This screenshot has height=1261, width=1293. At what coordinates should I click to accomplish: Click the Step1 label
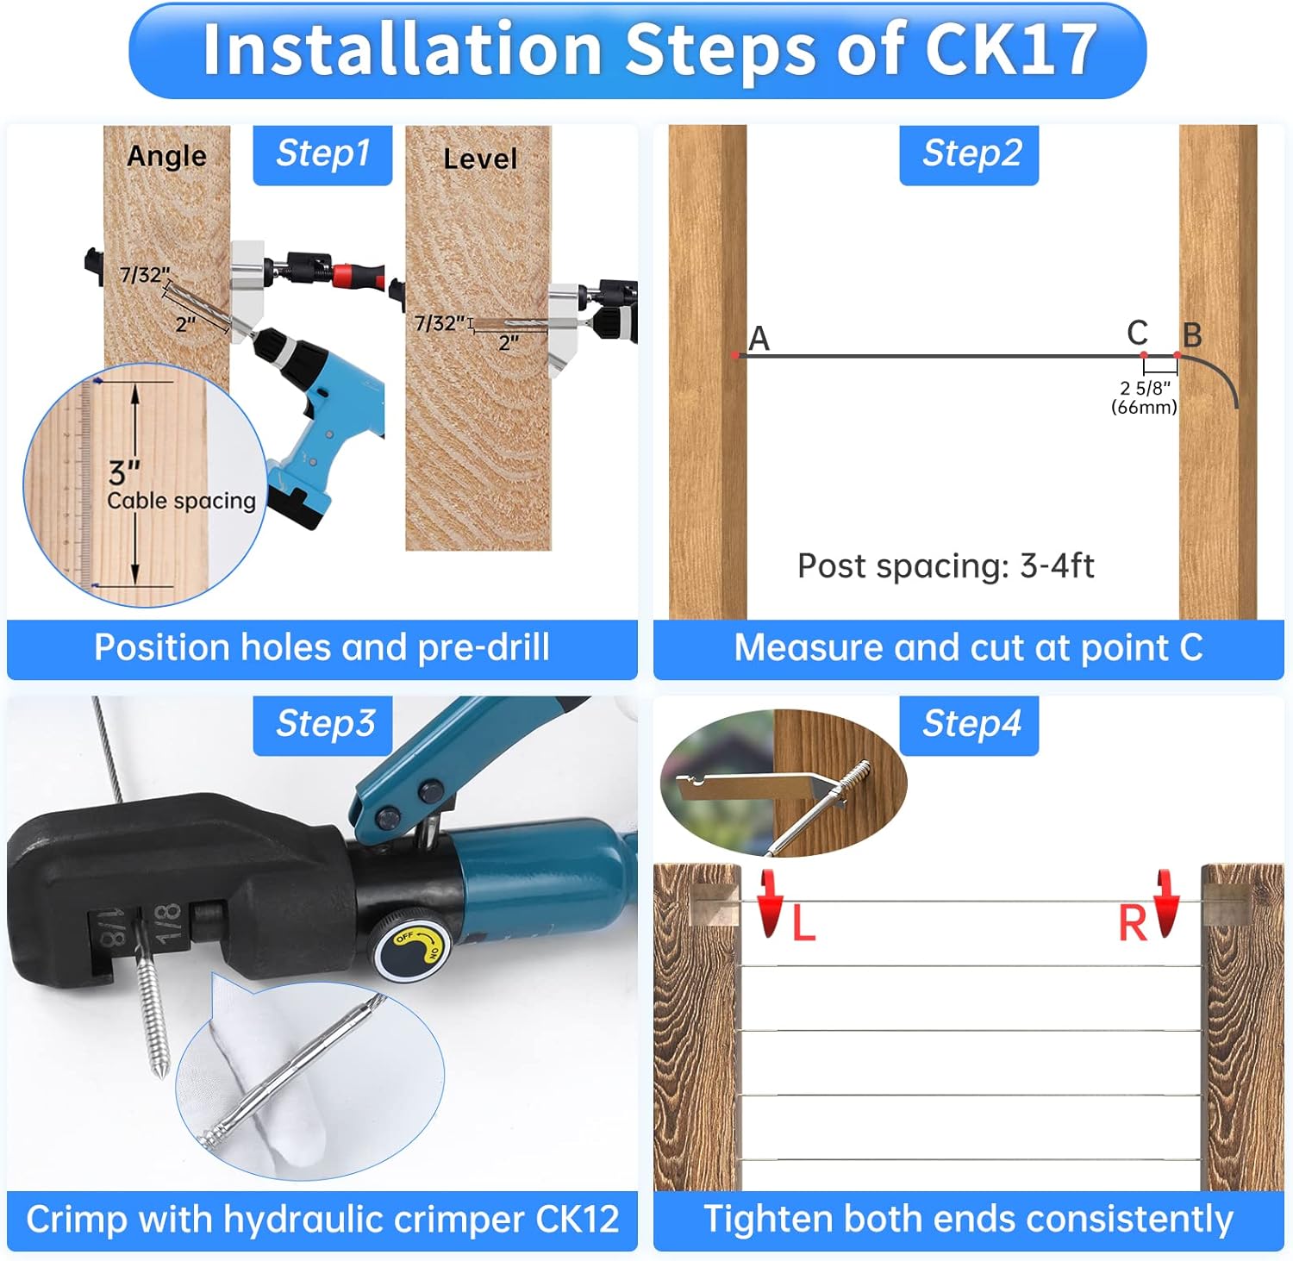point(322,153)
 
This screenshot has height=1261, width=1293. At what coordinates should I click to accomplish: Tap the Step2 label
point(970,153)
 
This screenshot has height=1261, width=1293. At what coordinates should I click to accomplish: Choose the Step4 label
point(970,724)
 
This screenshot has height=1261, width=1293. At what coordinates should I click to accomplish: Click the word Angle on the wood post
point(166,156)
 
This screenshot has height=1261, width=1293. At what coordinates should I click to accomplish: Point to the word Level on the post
point(480,159)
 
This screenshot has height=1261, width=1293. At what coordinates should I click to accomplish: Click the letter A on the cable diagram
point(759,339)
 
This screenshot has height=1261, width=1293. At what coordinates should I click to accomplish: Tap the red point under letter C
point(1144,355)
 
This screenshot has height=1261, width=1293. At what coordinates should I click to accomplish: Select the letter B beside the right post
point(1192,334)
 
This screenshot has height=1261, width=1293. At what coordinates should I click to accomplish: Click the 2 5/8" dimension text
point(1146,389)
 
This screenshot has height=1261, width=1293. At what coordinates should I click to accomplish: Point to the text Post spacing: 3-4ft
point(946,566)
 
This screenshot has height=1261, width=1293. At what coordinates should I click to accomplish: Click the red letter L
point(803,924)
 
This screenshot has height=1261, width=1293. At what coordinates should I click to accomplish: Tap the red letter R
point(1133,924)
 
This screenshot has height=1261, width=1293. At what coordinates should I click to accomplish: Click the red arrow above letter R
point(1166,902)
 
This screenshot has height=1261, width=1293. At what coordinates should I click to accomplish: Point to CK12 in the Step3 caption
point(578,1219)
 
